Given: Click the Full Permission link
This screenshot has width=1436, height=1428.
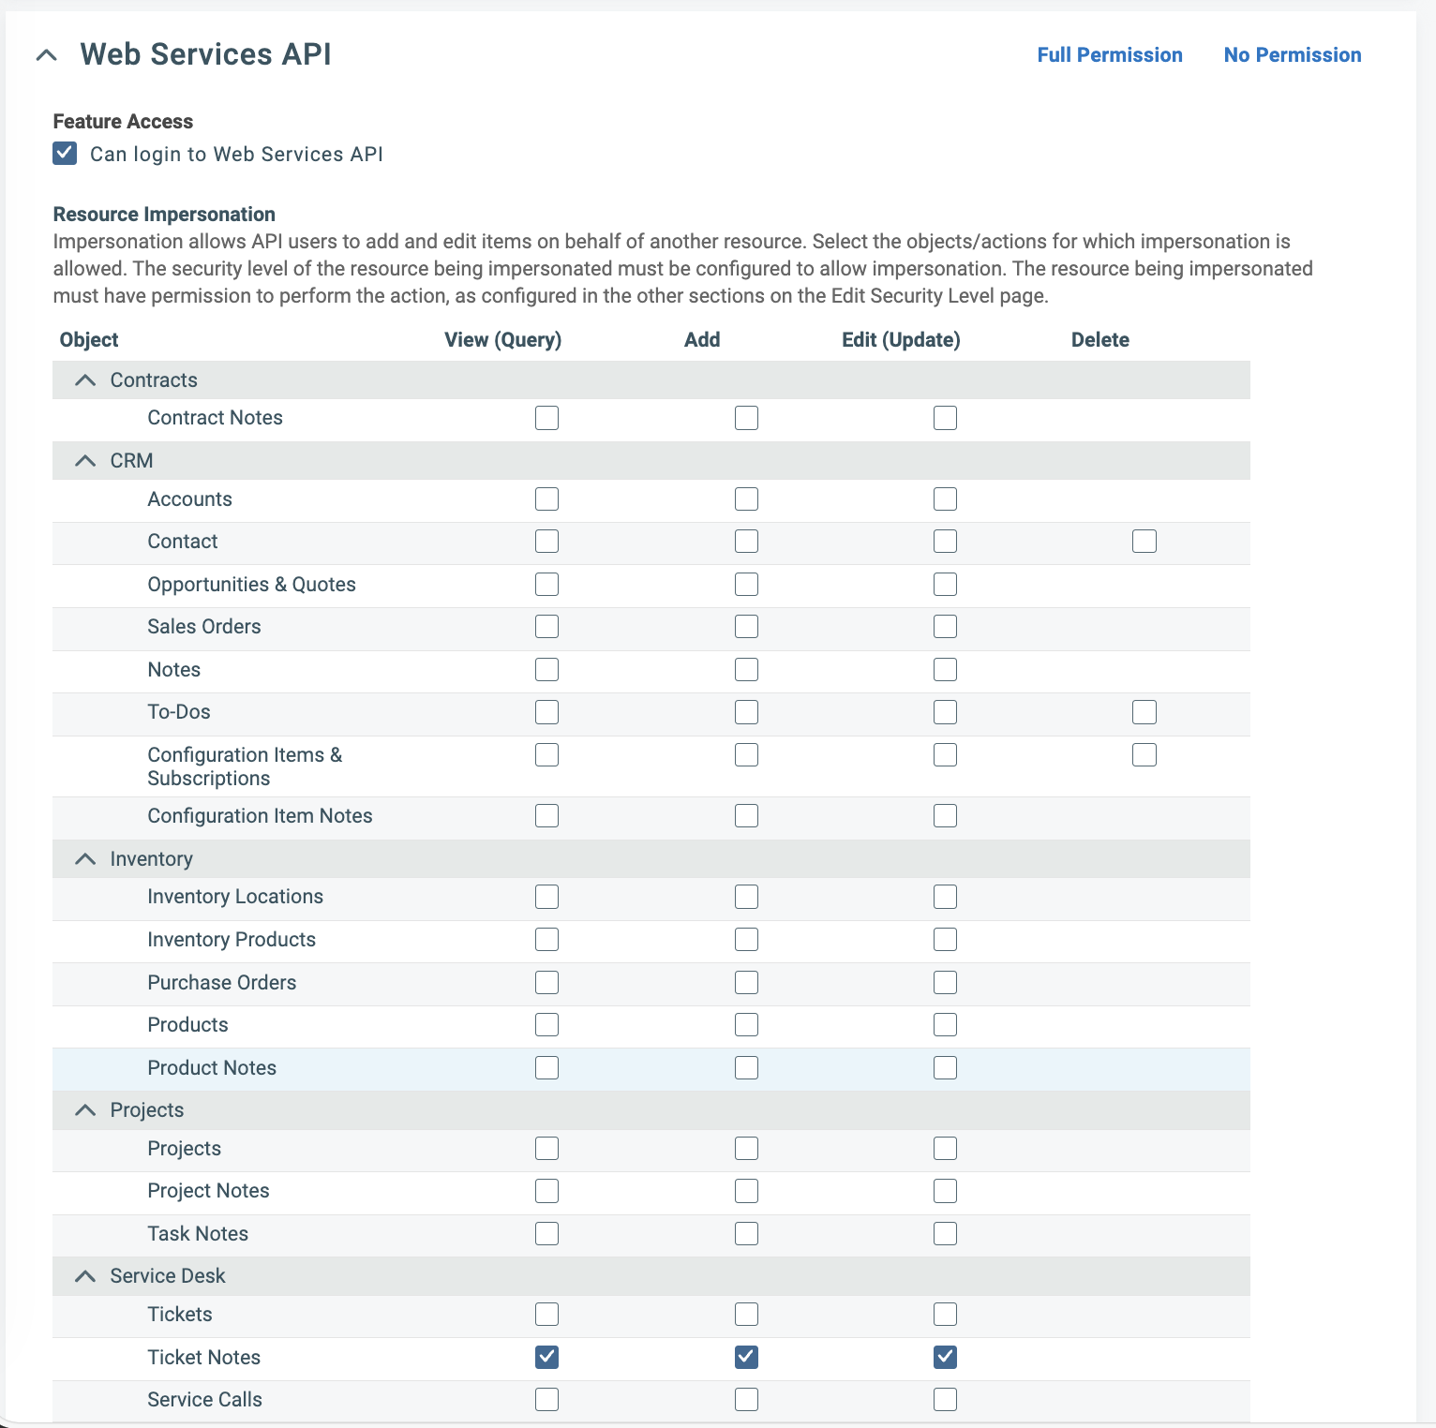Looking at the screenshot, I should click(1110, 55).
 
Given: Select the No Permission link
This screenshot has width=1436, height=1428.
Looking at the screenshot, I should click(1293, 55).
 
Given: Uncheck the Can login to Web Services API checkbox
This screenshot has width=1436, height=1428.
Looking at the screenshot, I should click(65, 153).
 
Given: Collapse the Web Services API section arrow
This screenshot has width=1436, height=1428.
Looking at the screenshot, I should click(46, 55).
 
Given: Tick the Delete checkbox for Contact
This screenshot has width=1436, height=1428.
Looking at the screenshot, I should click(1144, 542).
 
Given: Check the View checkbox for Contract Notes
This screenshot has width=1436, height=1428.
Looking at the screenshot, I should click(546, 418).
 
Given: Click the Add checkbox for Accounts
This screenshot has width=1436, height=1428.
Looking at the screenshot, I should click(746, 499).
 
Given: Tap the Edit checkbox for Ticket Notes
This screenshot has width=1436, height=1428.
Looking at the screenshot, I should click(945, 1357).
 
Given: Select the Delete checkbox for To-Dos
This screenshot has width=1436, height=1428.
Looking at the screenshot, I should click(1144, 712).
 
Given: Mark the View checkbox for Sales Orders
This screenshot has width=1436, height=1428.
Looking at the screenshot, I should click(546, 627).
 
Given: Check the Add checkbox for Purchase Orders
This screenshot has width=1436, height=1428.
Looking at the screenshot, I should click(746, 983).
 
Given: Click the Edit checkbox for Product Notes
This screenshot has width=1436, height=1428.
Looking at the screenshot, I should click(945, 1068).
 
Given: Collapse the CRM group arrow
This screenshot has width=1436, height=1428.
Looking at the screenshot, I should click(85, 461).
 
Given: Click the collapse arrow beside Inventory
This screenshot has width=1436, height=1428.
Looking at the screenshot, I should click(85, 859).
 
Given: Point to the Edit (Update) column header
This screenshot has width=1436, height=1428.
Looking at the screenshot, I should click(901, 340).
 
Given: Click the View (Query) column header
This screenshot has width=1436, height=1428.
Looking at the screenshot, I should click(502, 340).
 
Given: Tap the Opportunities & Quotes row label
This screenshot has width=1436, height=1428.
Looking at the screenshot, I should click(251, 585).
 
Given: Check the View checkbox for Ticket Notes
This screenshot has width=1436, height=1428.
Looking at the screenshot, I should click(546, 1357).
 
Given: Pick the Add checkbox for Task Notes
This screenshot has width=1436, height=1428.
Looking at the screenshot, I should click(746, 1234).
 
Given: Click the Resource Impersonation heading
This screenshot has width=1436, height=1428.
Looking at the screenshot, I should click(164, 215).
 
